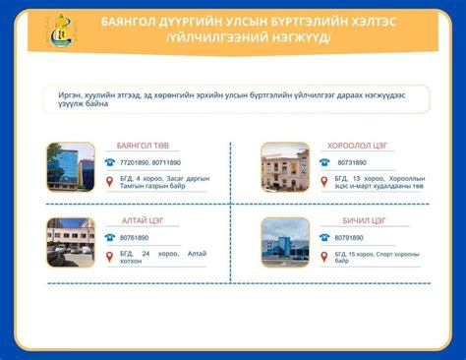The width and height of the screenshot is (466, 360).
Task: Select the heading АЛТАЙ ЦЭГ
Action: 140,220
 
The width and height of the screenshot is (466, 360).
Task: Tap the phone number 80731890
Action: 352,162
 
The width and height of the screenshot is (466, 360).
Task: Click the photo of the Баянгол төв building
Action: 71,167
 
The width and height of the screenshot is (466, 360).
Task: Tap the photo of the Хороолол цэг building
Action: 285,167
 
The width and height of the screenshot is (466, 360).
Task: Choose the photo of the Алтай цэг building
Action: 71,243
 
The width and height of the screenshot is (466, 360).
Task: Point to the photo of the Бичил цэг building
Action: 285,243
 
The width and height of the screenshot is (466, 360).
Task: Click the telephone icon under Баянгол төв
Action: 110,162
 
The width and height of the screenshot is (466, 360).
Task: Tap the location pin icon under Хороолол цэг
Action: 324,181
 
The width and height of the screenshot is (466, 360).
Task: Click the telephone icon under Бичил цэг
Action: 324,238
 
